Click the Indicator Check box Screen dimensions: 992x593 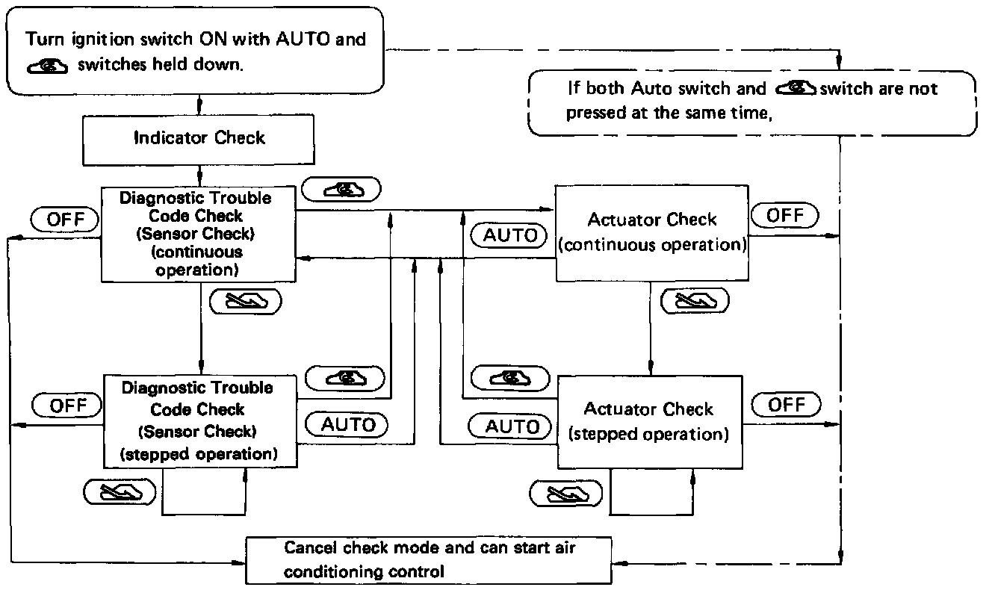(199, 140)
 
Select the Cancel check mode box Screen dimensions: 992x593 (429, 561)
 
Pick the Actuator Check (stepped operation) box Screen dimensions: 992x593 (650, 422)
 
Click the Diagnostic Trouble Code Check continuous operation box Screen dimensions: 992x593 (199, 234)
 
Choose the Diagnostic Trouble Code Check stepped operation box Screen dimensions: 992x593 (200, 421)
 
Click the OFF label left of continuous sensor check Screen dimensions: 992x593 (65, 220)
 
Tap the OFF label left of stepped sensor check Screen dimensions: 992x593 (67, 406)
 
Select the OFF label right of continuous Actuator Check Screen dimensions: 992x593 (785, 216)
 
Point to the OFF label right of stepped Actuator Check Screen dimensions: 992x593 (787, 405)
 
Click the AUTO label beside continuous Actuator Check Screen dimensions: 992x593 (509, 235)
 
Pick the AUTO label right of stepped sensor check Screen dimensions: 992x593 (347, 425)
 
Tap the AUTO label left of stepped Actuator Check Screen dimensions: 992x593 (509, 426)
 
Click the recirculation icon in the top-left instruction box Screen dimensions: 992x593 (47, 66)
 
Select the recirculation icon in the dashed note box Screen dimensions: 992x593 (796, 88)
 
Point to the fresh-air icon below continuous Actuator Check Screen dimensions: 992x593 (695, 301)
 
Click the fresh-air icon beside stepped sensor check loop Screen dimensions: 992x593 (120, 492)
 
